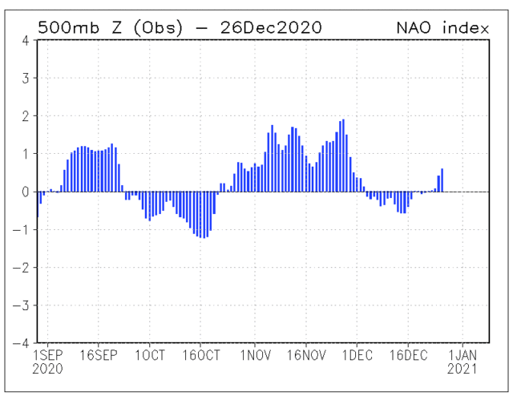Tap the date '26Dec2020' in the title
[x=265, y=27]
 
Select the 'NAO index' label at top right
[x=443, y=27]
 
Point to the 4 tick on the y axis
[x=26, y=40]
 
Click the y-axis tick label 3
[x=26, y=79]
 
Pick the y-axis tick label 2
[x=26, y=116]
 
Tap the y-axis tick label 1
[x=26, y=154]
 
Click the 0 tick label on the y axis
[x=26, y=192]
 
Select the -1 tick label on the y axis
[x=23, y=229]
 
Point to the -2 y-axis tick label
[x=23, y=267]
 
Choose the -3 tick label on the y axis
[x=23, y=305]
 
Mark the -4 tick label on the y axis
[x=23, y=342]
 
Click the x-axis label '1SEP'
[x=47, y=355]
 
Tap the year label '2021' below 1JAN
[x=463, y=370]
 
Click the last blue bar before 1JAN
[x=442, y=180]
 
